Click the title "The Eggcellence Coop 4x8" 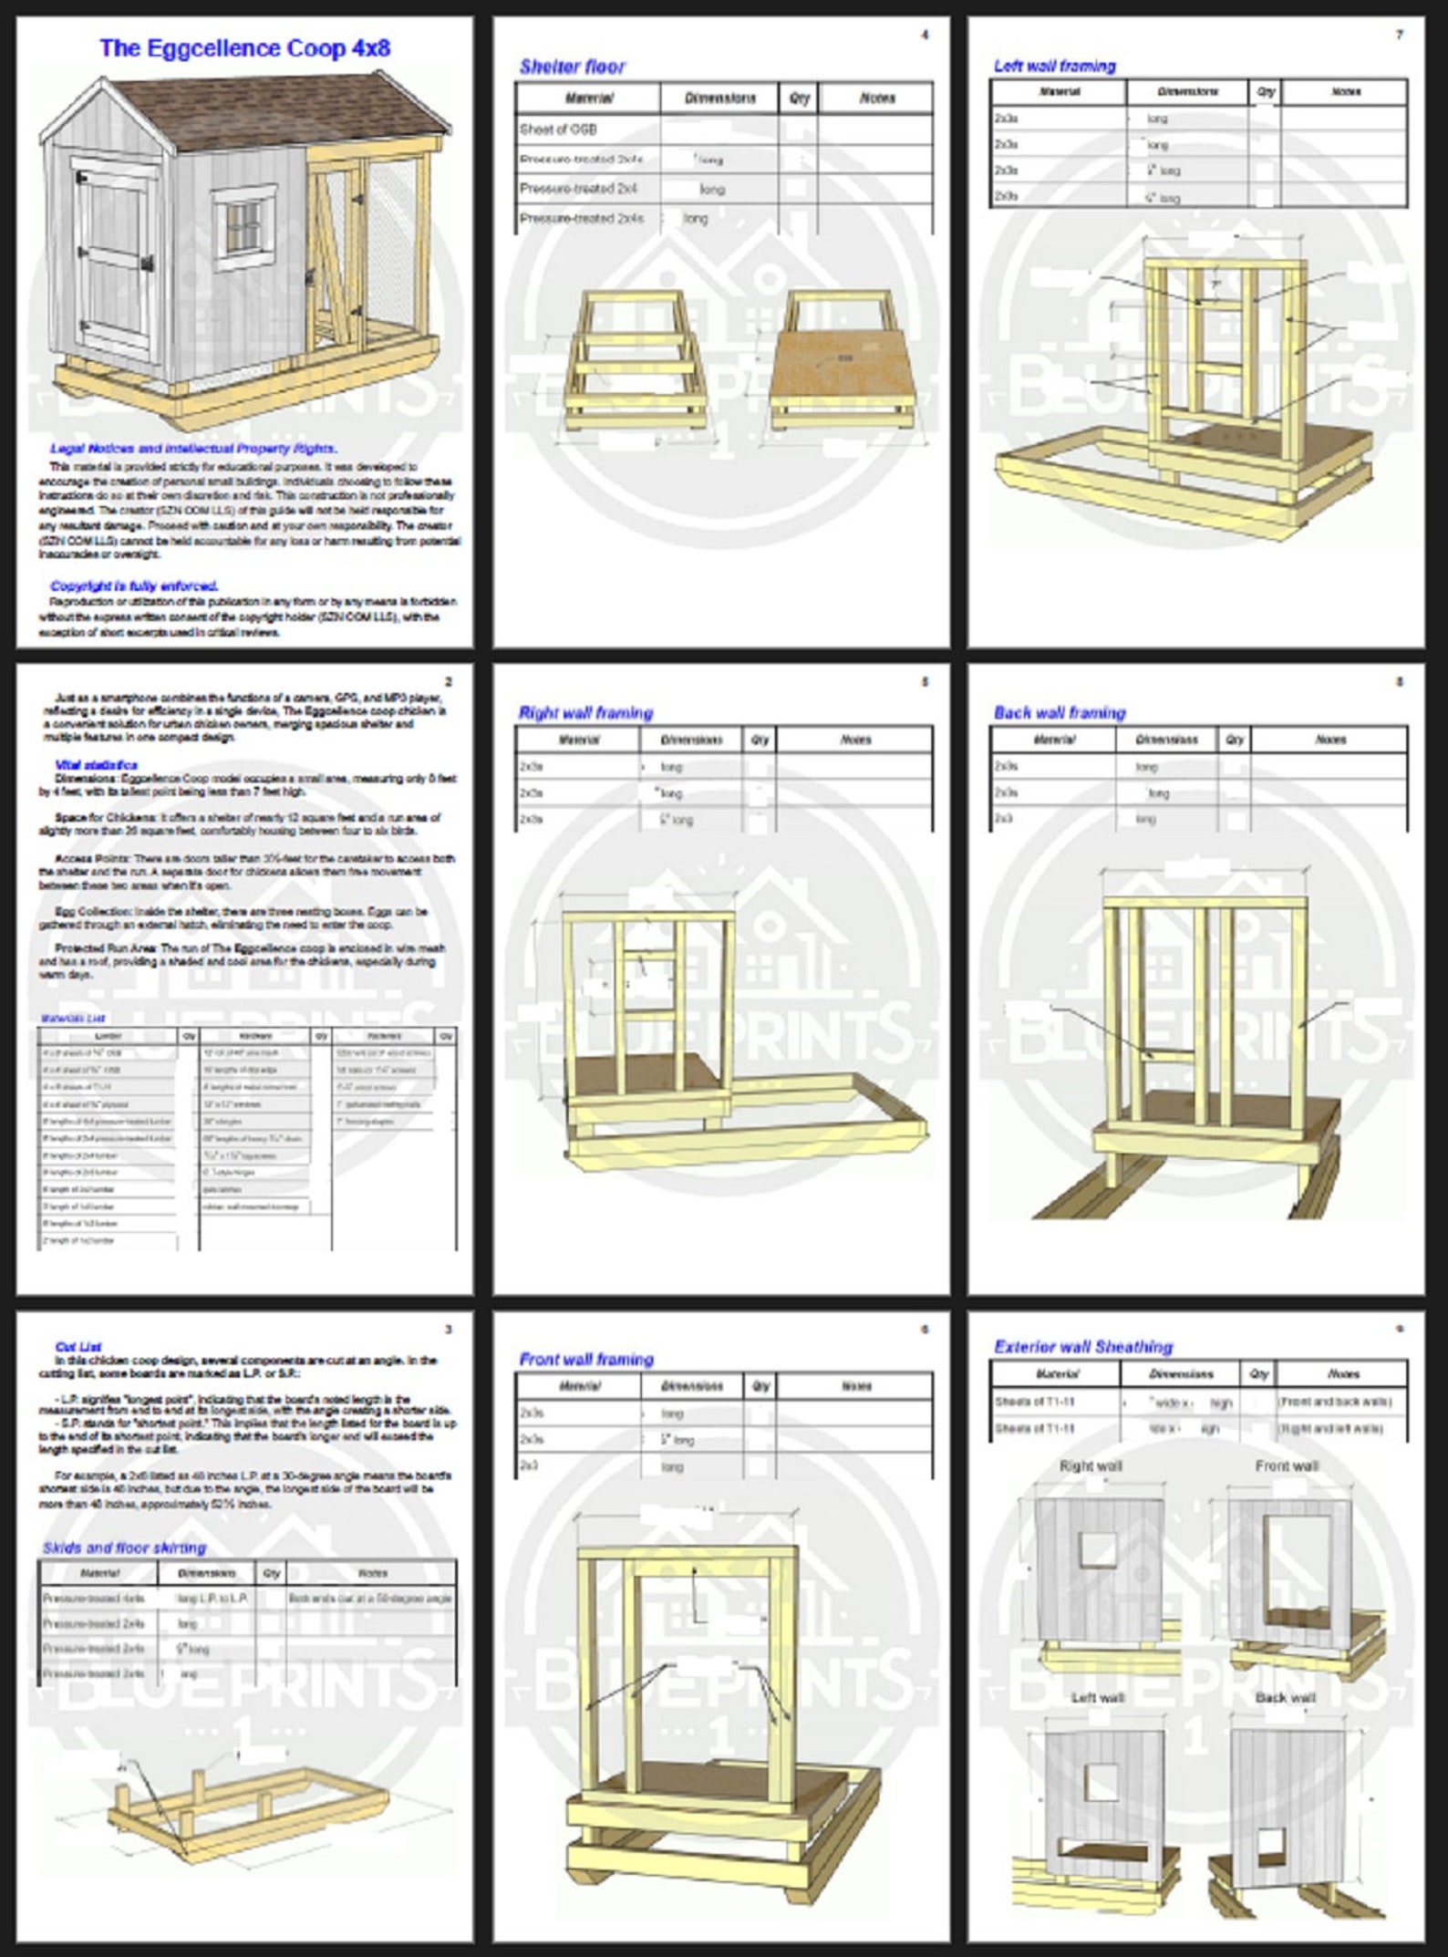point(244,48)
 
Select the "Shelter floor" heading point(573,67)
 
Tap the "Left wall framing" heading point(1054,66)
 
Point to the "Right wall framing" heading point(585,712)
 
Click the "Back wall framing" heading point(1060,712)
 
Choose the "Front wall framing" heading point(586,1359)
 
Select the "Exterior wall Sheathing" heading point(1083,1346)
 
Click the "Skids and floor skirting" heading point(125,1548)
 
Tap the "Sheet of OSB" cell point(558,129)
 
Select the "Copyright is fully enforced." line point(134,585)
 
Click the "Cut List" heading point(78,1346)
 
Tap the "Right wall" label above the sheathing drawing point(1091,1465)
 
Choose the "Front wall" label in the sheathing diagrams point(1286,1465)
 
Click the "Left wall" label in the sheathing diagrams point(1097,1697)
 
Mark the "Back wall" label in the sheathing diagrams point(1285,1697)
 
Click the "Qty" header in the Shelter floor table point(799,98)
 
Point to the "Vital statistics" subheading point(97,764)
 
